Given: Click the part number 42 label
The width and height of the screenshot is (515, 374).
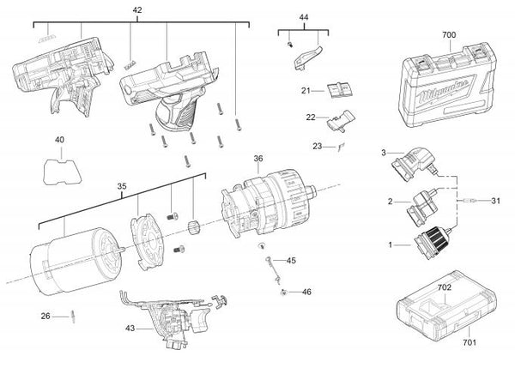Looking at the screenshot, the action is point(137,10).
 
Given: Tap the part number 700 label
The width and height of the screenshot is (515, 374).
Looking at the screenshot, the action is point(449,35).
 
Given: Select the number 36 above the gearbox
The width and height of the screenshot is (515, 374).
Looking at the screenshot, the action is point(258,159).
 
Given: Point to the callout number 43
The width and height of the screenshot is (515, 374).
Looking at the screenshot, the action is point(130,328).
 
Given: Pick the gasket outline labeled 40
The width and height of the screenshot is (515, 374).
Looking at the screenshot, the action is point(62,172).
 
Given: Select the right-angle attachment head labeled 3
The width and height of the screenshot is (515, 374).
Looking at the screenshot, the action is point(415,164).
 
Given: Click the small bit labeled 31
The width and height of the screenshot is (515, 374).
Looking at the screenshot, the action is point(469,201).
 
